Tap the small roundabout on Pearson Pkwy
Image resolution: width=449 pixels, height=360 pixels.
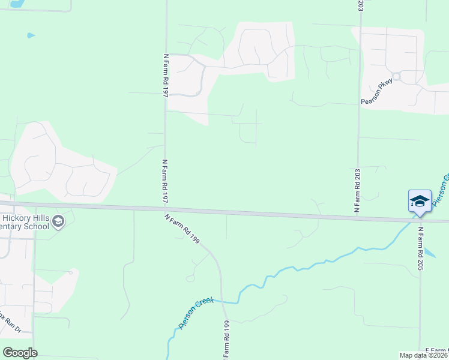click(397, 77)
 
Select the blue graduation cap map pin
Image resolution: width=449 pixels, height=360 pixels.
click(420, 201)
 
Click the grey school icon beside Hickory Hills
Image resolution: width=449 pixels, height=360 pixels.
click(58, 223)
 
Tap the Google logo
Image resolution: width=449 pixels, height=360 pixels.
click(20, 352)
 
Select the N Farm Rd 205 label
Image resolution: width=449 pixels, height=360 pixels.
click(421, 248)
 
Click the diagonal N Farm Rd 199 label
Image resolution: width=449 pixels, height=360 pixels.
click(182, 229)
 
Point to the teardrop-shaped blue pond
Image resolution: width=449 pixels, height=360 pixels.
click(31, 35)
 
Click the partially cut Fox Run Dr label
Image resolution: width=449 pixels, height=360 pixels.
click(10, 323)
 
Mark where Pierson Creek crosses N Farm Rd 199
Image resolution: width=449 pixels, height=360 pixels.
click(224, 301)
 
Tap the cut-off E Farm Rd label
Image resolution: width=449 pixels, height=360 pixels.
click(436, 350)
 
